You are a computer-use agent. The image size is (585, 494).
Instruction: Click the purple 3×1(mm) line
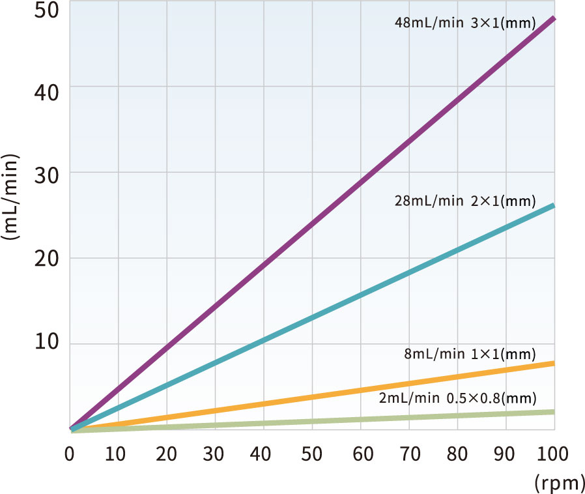(313, 224)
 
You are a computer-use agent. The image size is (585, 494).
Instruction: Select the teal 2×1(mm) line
(313, 317)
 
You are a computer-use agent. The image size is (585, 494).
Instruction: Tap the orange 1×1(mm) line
(313, 396)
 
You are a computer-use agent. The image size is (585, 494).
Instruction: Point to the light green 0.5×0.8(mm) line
(313, 421)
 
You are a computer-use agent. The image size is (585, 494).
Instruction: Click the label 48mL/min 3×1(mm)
(465, 23)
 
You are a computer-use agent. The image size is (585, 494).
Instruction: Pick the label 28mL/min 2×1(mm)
(465, 201)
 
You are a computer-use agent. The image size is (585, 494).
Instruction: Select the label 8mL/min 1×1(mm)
(470, 354)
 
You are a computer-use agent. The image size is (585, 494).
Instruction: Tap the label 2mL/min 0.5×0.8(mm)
(458, 398)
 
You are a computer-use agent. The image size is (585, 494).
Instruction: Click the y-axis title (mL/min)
(9, 197)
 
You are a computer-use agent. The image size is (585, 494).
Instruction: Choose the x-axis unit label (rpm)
(559, 483)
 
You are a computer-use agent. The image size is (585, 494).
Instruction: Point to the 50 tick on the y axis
(47, 10)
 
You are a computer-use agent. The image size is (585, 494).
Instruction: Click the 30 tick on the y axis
(47, 175)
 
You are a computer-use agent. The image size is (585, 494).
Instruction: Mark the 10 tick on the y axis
(47, 341)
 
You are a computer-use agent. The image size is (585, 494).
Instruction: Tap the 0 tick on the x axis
(70, 454)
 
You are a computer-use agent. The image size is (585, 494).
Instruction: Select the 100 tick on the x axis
(552, 454)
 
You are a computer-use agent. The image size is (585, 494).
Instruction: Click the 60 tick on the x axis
(363, 454)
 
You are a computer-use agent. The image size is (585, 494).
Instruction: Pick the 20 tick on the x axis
(166, 454)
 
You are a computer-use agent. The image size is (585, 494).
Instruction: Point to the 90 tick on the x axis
(504, 454)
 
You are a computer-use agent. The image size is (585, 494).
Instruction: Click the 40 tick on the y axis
(47, 92)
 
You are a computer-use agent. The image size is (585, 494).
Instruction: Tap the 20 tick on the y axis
(47, 258)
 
